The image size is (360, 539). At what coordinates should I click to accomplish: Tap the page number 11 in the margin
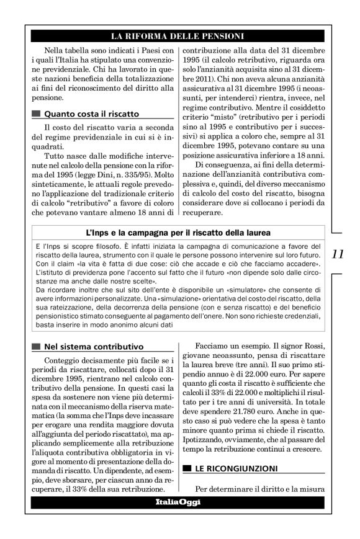(x=339, y=254)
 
